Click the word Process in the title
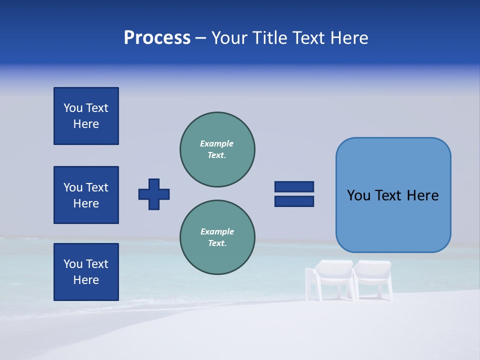[157, 38]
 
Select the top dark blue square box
[86, 116]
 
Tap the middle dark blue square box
[86, 195]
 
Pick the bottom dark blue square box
[86, 272]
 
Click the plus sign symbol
[154, 194]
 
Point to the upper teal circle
[217, 149]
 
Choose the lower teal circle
[217, 237]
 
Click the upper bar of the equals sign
[294, 186]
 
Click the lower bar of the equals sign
[294, 201]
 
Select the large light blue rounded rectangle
[393, 195]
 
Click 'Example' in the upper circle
[216, 143]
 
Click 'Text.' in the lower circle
[217, 243]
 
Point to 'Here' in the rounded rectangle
[422, 195]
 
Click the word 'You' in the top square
[72, 108]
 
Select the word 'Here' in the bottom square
[86, 280]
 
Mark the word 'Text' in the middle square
[97, 187]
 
